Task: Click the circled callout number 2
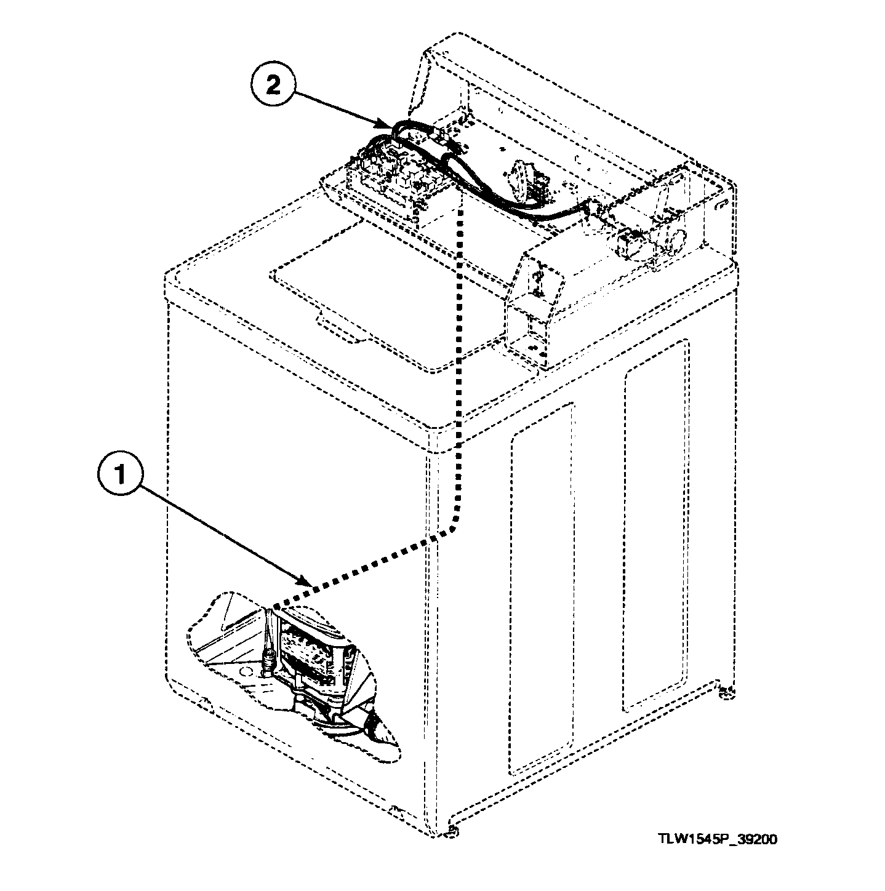pyautogui.click(x=272, y=86)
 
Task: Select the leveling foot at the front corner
pyautogui.click(x=454, y=832)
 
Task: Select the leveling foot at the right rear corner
pyautogui.click(x=727, y=693)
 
